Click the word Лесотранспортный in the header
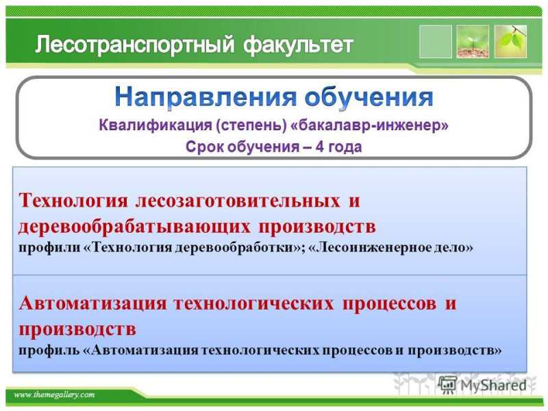134,45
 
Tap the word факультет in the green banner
298,45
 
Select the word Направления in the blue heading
206,98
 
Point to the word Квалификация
155,125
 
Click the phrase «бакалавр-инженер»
369,125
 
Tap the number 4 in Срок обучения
319,147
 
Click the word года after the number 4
345,147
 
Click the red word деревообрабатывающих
134,227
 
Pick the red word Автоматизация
92,303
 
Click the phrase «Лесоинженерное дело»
391,247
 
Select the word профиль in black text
49,350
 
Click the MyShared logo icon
448,385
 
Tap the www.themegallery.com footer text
54,395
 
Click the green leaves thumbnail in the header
510,42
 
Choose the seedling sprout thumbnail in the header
473,42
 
